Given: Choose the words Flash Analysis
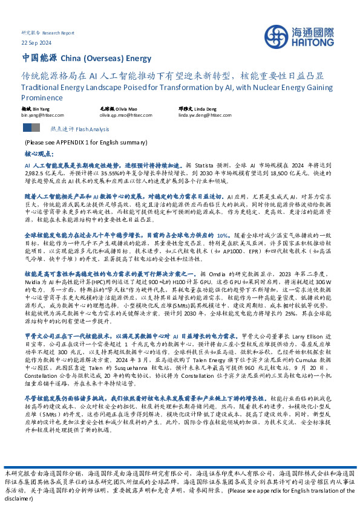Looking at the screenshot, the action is click(87, 129).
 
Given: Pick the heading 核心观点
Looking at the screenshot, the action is click(39, 154).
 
